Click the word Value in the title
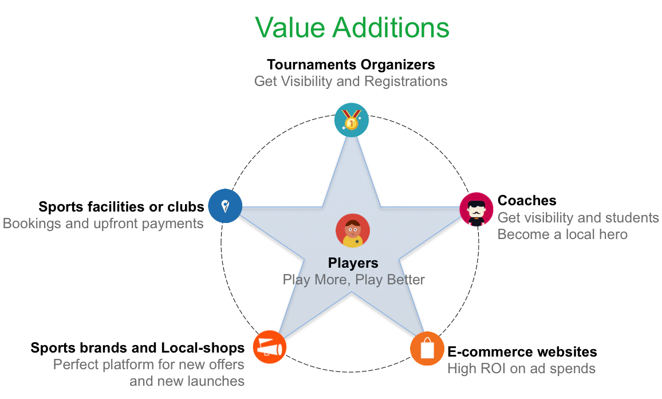coord(289,28)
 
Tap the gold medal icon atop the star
coord(351,119)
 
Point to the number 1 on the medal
coord(351,123)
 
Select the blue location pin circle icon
coord(225,205)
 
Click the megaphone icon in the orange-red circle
coord(269,347)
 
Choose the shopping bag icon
coord(427,349)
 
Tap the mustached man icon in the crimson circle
coord(476,210)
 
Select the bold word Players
coord(353,263)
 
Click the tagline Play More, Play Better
coord(353,279)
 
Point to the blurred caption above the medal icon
coord(350,81)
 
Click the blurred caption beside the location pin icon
coord(103,223)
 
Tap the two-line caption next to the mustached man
coord(577,226)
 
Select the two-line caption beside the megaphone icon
coord(149,373)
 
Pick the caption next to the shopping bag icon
coord(520,369)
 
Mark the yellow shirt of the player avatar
coord(352,242)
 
